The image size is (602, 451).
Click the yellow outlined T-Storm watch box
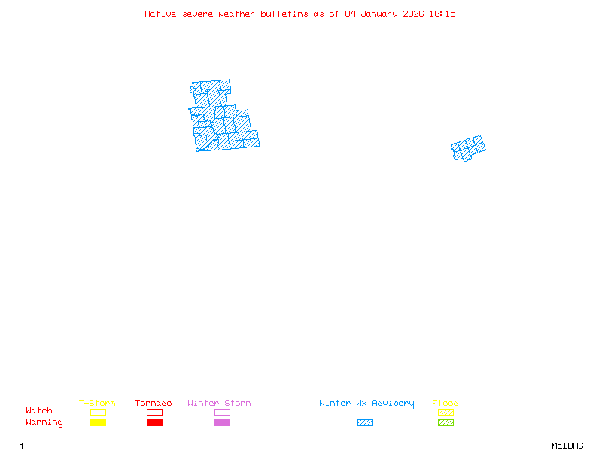98,412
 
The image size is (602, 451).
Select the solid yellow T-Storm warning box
98,422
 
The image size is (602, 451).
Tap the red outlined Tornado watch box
154,412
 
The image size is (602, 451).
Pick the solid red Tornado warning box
154,422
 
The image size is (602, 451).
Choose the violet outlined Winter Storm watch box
222,412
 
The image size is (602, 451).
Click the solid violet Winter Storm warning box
222,422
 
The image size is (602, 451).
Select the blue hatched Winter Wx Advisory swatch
365,422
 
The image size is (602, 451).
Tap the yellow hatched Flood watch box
445,412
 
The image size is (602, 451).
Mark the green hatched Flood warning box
445,422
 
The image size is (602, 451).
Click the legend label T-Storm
97,403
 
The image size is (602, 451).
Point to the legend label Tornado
154,403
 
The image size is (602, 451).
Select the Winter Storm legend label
219,403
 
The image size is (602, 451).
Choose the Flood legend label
445,403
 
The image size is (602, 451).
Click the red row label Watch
39,411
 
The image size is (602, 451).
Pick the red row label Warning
44,422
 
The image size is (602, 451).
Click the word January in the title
379,14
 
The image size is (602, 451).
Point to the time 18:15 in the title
442,14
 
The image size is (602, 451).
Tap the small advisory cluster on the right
468,148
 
